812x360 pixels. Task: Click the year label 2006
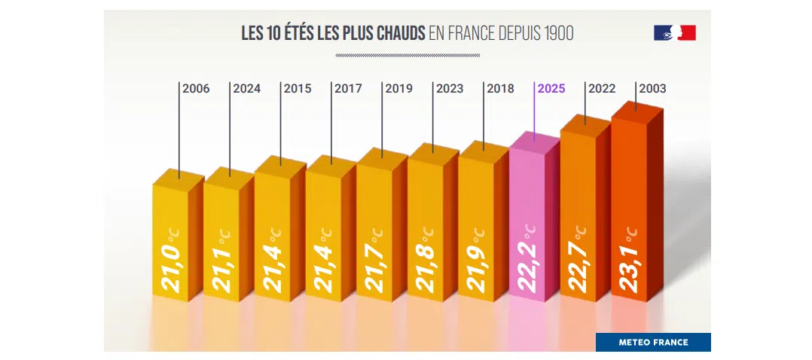[x=196, y=89]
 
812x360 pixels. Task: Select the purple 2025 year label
[x=551, y=89]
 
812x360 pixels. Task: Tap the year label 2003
[x=652, y=89]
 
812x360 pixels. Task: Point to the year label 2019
[x=399, y=89]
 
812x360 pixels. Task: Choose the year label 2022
[x=602, y=89]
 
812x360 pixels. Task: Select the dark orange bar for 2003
[x=633, y=211]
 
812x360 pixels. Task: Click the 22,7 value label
[x=579, y=260]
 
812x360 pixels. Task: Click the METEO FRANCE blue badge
[x=653, y=343]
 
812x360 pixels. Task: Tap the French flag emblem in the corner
[x=674, y=32]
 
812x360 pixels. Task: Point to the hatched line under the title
[x=407, y=55]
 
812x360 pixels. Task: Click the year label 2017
[x=348, y=89]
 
